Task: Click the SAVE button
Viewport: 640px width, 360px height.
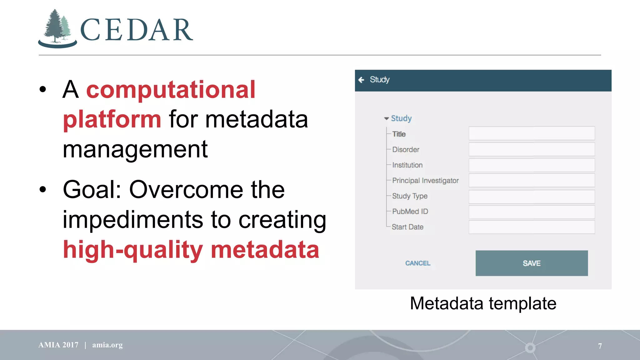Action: click(531, 263)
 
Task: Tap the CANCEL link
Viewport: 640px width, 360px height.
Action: click(417, 263)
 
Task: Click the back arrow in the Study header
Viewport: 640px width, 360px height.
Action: click(362, 80)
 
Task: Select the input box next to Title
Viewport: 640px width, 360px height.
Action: click(531, 133)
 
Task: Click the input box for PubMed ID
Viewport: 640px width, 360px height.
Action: click(531, 212)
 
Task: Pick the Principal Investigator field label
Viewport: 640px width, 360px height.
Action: click(425, 181)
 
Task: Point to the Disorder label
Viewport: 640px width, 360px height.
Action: click(405, 150)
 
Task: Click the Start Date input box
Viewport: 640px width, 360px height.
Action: click(531, 227)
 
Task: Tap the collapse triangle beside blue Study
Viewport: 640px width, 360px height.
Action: click(387, 118)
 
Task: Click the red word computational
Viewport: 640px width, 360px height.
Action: click(171, 90)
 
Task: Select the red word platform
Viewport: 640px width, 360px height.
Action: click(112, 119)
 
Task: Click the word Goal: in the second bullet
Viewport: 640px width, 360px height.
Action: click(92, 190)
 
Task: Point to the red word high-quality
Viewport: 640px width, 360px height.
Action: click(133, 250)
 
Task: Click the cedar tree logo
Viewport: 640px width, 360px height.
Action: click(57, 29)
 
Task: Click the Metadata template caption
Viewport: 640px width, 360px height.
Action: click(483, 303)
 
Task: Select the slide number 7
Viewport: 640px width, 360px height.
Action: click(600, 346)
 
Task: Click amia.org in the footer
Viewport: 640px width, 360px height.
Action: click(107, 345)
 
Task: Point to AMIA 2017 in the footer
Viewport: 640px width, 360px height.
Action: click(58, 345)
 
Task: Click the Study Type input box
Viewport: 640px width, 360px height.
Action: click(531, 197)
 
